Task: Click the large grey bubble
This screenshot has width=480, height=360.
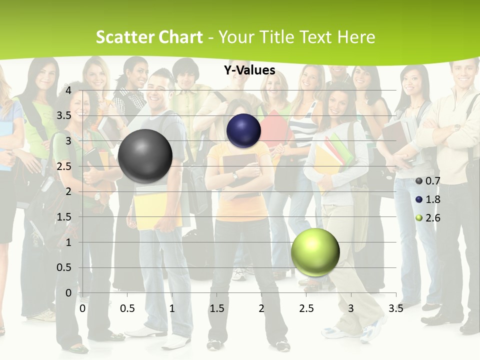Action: (145, 156)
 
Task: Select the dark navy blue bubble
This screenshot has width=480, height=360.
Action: (243, 130)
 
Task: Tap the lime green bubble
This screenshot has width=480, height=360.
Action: (315, 252)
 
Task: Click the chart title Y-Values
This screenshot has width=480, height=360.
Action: (249, 70)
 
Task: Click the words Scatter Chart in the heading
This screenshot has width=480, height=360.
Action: (149, 37)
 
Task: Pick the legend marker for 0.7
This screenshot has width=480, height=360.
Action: (419, 181)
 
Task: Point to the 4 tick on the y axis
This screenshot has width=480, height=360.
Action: (68, 90)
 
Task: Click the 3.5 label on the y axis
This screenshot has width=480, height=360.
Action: (64, 115)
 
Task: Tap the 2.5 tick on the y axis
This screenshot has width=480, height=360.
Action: (64, 166)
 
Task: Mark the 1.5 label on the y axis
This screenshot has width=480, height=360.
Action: (64, 217)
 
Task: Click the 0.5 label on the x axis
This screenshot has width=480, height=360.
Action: (127, 308)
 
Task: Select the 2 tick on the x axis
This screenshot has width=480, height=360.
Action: (261, 308)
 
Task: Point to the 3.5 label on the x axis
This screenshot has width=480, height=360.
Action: (395, 308)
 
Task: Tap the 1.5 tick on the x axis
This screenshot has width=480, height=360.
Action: (217, 308)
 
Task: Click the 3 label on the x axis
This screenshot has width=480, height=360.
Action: (350, 308)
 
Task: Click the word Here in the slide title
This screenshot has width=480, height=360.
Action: (355, 37)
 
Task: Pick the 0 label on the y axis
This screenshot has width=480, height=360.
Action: (68, 293)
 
